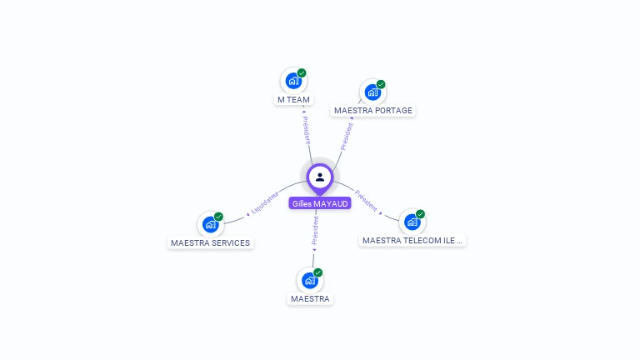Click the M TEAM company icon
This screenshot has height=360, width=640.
[292, 81]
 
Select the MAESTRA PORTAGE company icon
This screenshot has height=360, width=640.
[372, 92]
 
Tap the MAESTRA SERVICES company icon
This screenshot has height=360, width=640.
[210, 224]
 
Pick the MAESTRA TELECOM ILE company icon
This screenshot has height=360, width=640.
[412, 222]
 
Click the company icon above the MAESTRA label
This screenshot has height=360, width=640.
[309, 280]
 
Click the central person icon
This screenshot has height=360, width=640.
[320, 177]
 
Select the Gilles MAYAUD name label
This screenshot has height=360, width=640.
[320, 203]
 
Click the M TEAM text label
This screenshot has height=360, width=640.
[293, 99]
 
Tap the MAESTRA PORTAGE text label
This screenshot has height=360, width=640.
[372, 110]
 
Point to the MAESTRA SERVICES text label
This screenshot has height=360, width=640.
[210, 243]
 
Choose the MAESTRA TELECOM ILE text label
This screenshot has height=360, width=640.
[412, 240]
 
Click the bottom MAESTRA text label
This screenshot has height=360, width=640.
[310, 298]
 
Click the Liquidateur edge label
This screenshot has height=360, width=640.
[264, 203]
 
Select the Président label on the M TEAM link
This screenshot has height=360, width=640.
[307, 130]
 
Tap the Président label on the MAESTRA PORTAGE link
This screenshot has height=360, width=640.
[347, 135]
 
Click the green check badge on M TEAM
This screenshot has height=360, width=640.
[302, 73]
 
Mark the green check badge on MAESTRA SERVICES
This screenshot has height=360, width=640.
[218, 217]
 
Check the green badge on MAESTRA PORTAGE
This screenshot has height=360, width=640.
[381, 84]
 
